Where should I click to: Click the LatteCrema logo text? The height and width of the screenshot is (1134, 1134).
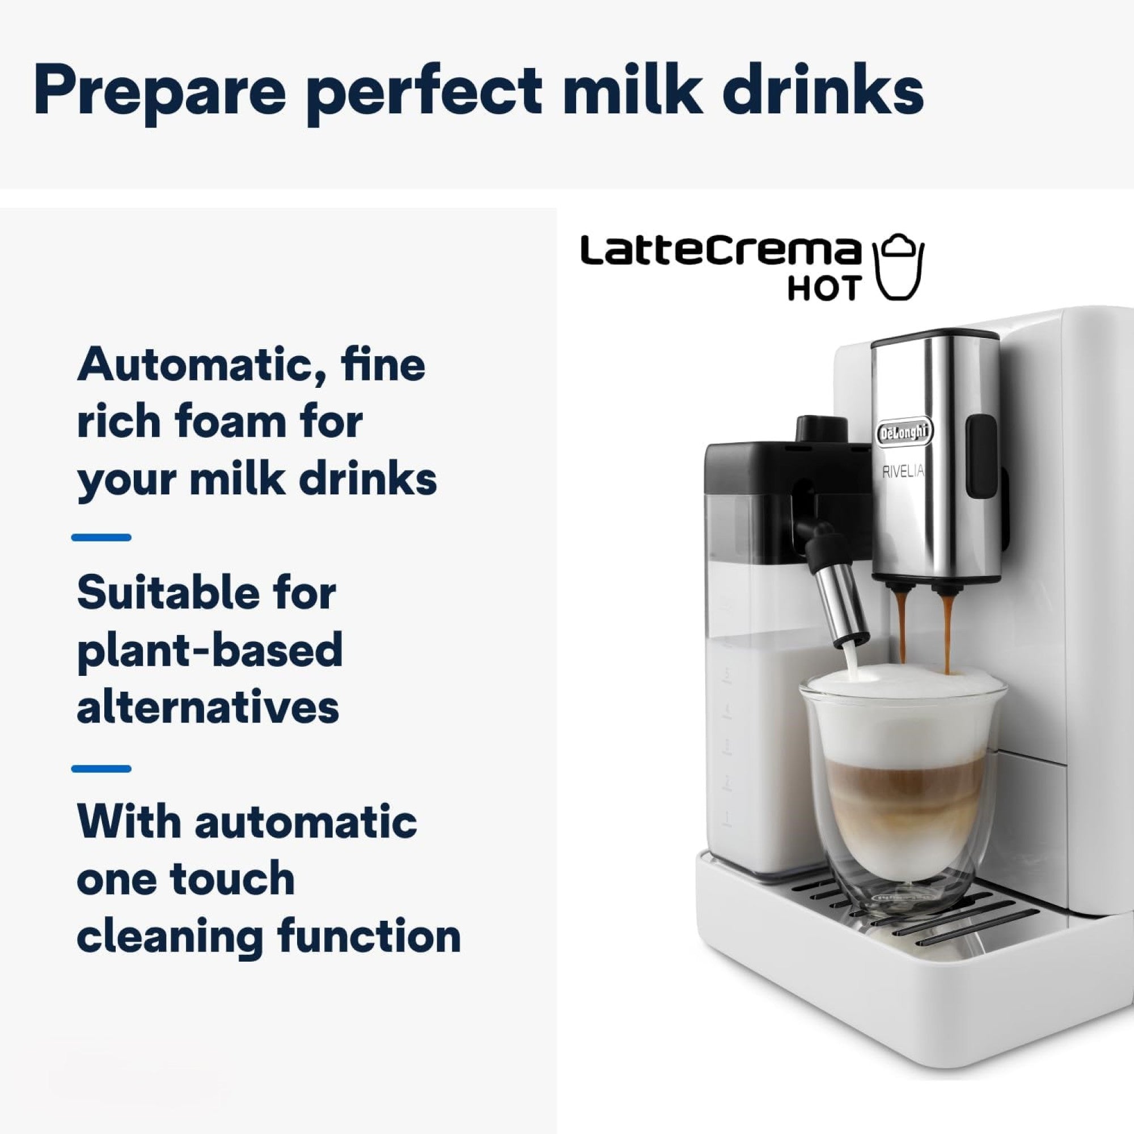[x=718, y=252]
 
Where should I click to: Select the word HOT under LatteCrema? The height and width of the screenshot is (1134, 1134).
[x=824, y=287]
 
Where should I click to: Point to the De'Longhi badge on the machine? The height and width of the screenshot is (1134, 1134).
[x=904, y=433]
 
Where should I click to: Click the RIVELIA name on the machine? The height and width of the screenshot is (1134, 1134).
[x=903, y=471]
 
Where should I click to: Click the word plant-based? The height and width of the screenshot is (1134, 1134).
[x=210, y=650]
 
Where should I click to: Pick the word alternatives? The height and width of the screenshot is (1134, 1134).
[x=208, y=706]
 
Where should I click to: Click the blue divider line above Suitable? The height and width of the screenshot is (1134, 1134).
[x=101, y=537]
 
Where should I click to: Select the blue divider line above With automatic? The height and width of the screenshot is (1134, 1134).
[x=101, y=768]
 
